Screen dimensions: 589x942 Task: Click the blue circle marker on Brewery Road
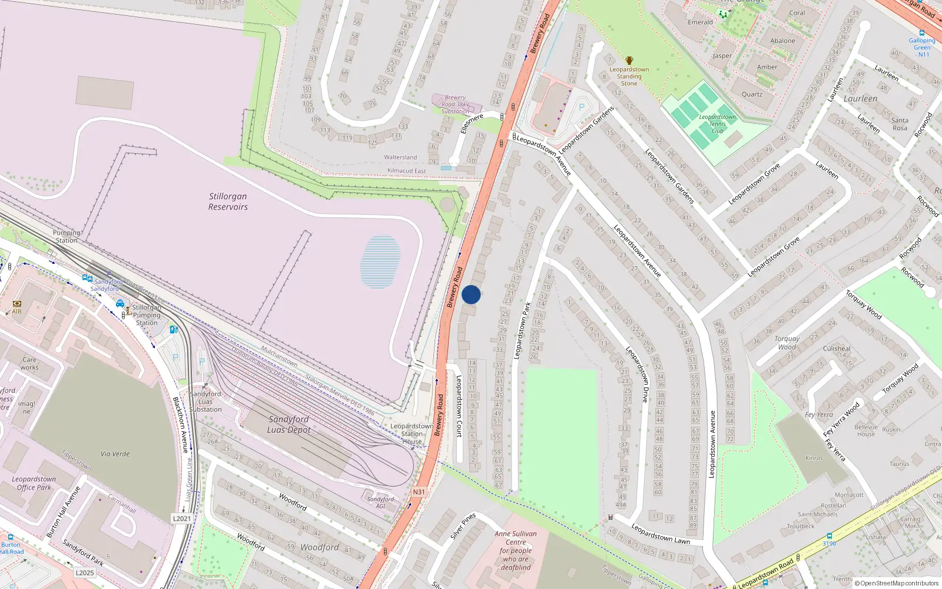coord(471,294)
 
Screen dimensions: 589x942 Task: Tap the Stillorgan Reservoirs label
coord(228,201)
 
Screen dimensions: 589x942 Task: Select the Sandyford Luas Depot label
coord(288,424)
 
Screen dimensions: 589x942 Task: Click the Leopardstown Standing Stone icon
coord(629,61)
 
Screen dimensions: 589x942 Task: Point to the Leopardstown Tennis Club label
coord(717,124)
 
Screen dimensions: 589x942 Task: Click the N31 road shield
coord(419,492)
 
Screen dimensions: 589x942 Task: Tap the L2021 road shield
coord(182,518)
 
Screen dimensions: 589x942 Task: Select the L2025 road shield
coord(85,573)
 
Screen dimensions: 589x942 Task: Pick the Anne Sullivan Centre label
coord(516,551)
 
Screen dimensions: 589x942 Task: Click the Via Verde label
coord(115,454)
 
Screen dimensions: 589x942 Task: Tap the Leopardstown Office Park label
coord(34,483)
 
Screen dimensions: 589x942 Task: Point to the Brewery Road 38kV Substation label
coord(455,104)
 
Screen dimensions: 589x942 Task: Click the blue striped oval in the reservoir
coord(380,262)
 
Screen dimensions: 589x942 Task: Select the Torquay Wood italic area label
coord(787,343)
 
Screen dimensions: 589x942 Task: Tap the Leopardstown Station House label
coord(412,434)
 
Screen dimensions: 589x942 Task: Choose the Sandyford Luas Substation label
coord(205,402)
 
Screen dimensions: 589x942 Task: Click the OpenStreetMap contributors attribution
coord(897,583)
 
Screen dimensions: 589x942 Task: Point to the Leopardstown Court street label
coord(459,406)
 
